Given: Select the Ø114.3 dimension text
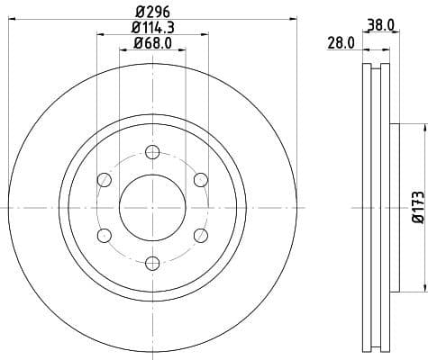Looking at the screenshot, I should click(x=152, y=28).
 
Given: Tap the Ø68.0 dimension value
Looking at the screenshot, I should click(x=152, y=42).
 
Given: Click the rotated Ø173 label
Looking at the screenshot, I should click(x=417, y=206).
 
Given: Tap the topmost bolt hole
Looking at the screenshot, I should click(x=152, y=152).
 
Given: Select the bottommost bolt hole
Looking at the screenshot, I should click(x=152, y=263).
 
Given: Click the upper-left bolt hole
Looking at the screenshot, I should click(x=105, y=180).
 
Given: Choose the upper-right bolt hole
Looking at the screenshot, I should click(x=200, y=180).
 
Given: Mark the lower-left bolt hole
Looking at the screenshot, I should click(x=105, y=235).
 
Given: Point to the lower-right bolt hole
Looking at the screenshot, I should click(x=200, y=235).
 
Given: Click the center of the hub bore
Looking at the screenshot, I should click(x=152, y=207).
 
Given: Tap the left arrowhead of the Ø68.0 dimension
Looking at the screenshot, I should click(x=123, y=50).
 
